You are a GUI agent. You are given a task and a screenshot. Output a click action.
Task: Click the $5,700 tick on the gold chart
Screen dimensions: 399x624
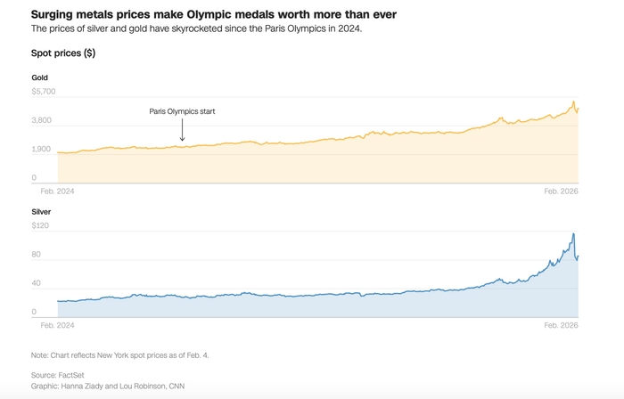pyautogui.click(x=44, y=91)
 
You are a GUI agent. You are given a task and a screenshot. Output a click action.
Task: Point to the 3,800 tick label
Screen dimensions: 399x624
pyautogui.click(x=43, y=120)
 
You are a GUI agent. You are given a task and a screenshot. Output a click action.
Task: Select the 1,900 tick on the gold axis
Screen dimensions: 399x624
pyautogui.click(x=43, y=149)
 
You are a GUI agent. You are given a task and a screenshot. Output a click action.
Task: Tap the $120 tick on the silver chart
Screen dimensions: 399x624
pyautogui.click(x=40, y=225)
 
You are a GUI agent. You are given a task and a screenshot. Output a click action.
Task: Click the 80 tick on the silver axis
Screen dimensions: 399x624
pyautogui.click(x=37, y=255)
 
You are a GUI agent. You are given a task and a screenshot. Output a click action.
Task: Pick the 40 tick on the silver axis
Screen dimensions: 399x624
pyautogui.click(x=37, y=283)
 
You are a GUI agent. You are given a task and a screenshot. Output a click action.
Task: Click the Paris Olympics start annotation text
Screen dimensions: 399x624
pyautogui.click(x=182, y=111)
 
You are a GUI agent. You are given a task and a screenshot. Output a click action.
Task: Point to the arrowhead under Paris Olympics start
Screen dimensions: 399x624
pyautogui.click(x=182, y=139)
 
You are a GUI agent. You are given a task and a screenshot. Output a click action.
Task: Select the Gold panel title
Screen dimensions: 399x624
pyautogui.click(x=39, y=77)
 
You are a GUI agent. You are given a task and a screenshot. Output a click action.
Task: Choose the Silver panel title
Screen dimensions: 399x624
pyautogui.click(x=41, y=212)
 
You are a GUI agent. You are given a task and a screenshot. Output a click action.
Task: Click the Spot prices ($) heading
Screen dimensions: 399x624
pyautogui.click(x=63, y=53)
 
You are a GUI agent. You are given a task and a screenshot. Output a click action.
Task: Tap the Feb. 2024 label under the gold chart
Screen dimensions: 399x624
pyautogui.click(x=57, y=191)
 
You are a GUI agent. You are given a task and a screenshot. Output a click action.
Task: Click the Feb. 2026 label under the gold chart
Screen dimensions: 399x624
pyautogui.click(x=562, y=191)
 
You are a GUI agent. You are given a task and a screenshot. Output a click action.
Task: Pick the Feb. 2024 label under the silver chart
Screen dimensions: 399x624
pyautogui.click(x=57, y=326)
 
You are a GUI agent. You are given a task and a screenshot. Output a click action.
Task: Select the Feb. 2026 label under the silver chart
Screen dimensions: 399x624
pyautogui.click(x=562, y=326)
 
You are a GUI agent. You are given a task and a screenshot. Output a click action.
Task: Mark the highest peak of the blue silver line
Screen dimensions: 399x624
pyautogui.click(x=573, y=234)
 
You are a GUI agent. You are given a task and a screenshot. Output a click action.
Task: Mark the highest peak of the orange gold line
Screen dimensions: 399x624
pyautogui.click(x=574, y=102)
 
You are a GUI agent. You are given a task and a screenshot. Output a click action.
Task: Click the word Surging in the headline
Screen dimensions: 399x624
pyautogui.click(x=53, y=14)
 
